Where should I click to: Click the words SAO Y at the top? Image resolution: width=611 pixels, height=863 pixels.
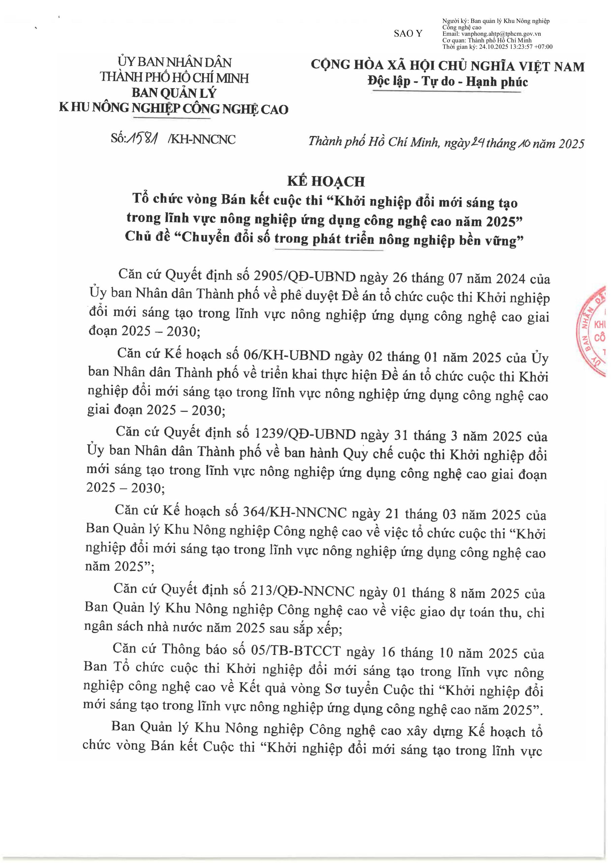pyautogui.click(x=408, y=33)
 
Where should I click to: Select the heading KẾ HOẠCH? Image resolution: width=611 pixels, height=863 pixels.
pyautogui.click(x=326, y=182)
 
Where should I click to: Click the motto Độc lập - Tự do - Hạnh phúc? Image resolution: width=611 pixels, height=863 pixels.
pyautogui.click(x=448, y=82)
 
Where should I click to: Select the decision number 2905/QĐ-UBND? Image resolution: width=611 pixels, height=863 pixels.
pyautogui.click(x=304, y=277)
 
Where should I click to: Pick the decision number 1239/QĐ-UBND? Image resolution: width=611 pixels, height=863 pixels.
pyautogui.click(x=305, y=434)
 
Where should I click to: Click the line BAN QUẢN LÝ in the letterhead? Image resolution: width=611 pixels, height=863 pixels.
pyautogui.click(x=174, y=93)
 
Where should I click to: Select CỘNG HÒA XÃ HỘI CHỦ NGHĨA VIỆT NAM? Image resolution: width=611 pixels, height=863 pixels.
pyautogui.click(x=447, y=66)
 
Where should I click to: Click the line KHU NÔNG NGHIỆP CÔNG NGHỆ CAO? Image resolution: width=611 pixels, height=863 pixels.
pyautogui.click(x=174, y=109)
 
